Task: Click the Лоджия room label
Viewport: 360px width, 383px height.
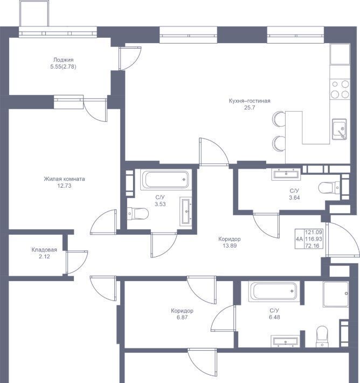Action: (x=63, y=60)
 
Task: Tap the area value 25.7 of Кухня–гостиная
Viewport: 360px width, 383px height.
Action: (x=250, y=107)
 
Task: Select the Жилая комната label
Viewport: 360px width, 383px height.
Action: (x=65, y=179)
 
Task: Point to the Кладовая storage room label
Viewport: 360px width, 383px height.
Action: (x=44, y=250)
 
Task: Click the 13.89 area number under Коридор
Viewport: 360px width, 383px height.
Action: (x=230, y=246)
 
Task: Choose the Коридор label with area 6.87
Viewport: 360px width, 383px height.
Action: (x=182, y=311)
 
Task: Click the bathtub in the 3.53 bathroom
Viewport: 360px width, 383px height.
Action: (x=166, y=180)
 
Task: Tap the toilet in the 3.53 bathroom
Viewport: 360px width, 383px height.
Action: (x=138, y=214)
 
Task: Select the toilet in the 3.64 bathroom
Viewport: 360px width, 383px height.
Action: (x=329, y=188)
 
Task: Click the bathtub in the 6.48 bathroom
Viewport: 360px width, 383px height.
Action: (x=274, y=291)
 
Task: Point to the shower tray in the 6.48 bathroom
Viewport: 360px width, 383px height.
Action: (x=336, y=294)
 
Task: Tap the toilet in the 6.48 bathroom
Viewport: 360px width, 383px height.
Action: (x=322, y=337)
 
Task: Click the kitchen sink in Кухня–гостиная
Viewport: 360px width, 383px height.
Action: (x=340, y=129)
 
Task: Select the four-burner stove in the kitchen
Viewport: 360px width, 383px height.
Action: (x=340, y=90)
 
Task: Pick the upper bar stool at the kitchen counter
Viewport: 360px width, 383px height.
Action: (x=279, y=119)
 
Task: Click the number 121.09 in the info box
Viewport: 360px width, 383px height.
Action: (x=314, y=232)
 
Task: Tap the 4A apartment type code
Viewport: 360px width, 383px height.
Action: (x=300, y=239)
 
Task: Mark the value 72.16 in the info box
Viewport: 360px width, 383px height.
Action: (x=312, y=246)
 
